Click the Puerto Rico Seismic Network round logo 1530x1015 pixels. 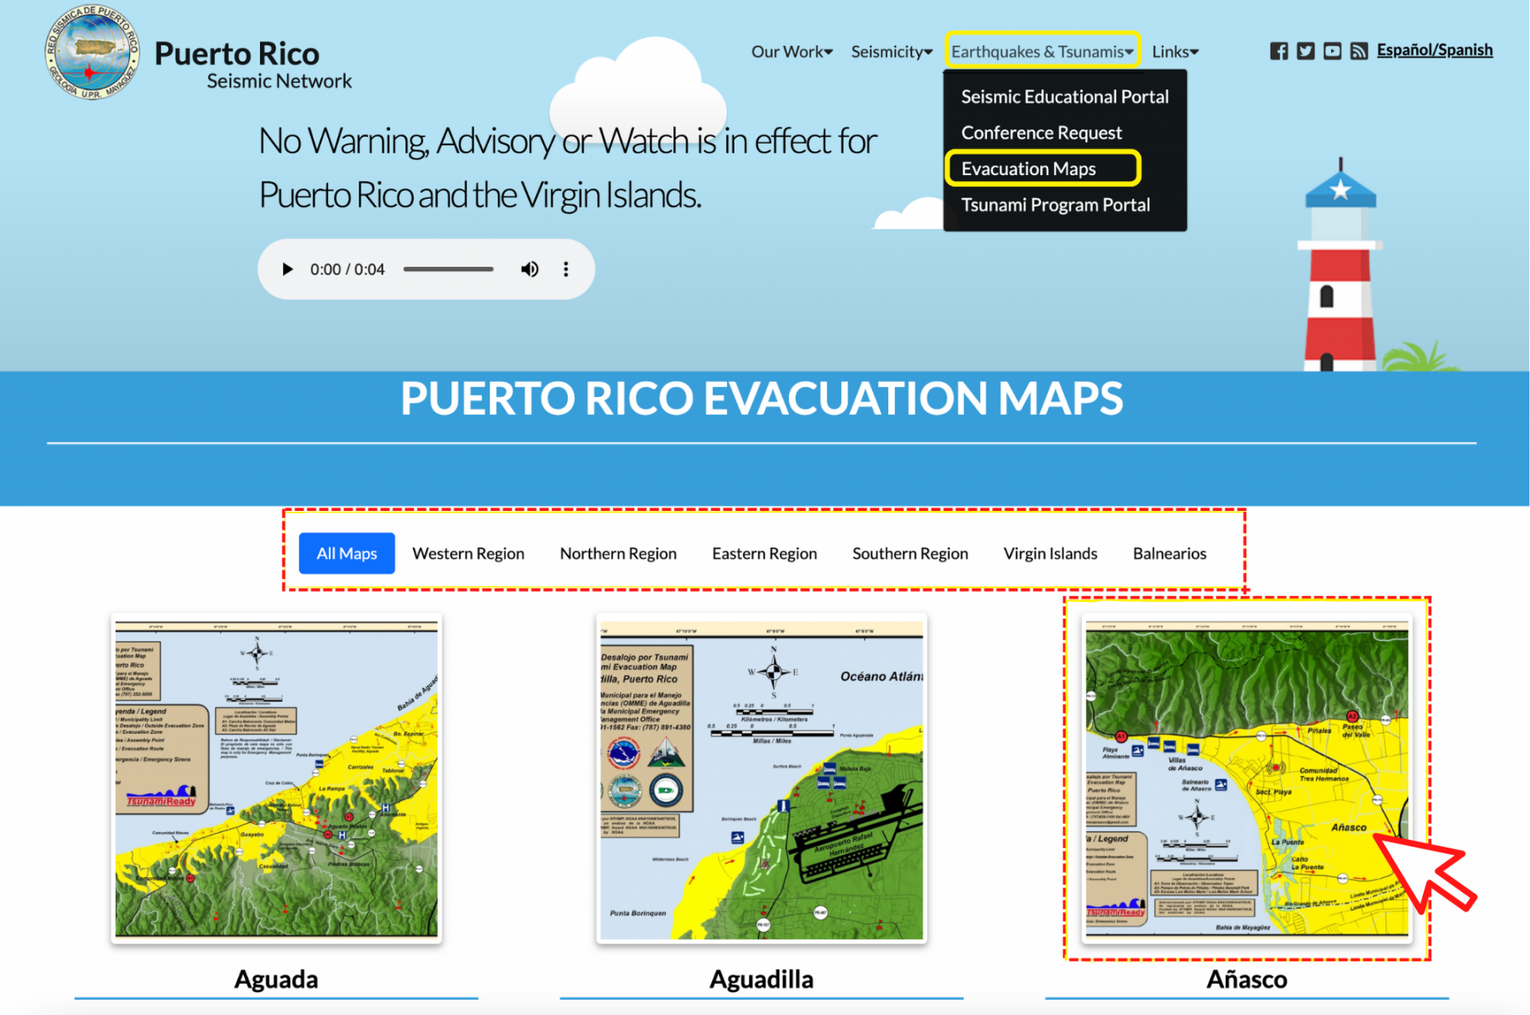92,52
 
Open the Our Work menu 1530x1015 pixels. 791,52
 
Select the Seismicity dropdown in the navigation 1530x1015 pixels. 891,52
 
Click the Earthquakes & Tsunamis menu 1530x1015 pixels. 1041,52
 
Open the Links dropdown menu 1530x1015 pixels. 1175,52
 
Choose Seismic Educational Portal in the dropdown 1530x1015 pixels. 1064,97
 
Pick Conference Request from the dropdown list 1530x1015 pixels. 1041,133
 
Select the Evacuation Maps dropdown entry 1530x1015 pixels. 1028,168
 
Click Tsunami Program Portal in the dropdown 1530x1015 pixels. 1055,205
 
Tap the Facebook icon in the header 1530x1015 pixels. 1278,51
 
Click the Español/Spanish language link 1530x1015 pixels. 1434,50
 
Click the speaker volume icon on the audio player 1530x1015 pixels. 530,269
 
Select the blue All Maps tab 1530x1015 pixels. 347,553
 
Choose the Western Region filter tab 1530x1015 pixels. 468,553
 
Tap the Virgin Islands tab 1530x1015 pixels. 1050,553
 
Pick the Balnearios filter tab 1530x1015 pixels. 1169,553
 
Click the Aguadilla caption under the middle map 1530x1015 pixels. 761,979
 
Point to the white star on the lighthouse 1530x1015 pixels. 1340,189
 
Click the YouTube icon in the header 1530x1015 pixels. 1332,51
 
